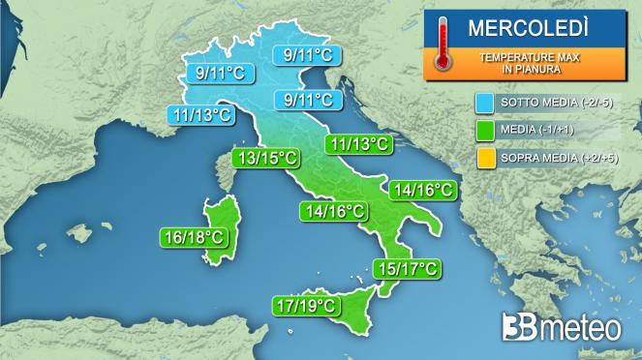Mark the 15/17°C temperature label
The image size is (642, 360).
tap(407, 268)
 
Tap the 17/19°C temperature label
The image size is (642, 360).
tap(305, 307)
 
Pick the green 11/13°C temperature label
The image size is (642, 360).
tap(359, 144)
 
